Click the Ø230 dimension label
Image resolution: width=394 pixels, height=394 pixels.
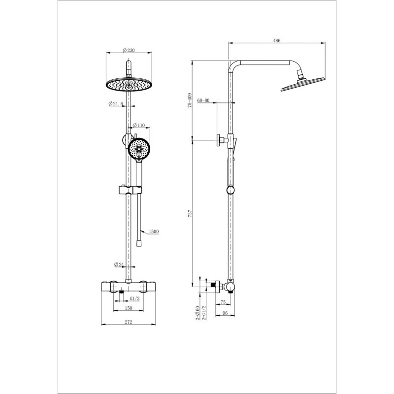[x=129, y=50]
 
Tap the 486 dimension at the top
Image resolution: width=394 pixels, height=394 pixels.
[x=276, y=40]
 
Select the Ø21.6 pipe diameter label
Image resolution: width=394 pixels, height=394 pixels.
[x=116, y=103]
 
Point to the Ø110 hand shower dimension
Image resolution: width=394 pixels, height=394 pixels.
[x=139, y=125]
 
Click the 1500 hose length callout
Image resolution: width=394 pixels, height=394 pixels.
[x=154, y=231]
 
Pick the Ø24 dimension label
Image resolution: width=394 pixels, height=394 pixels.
[x=119, y=264]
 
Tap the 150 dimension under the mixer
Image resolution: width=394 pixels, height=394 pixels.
[x=129, y=308]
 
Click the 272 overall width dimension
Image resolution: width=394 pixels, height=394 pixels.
[x=129, y=322]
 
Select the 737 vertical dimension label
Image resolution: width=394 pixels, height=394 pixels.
[x=190, y=213]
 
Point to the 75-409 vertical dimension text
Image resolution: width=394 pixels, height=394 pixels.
[x=190, y=100]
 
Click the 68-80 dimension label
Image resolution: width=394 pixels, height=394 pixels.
[x=203, y=100]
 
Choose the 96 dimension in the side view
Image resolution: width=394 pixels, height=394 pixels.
[x=225, y=313]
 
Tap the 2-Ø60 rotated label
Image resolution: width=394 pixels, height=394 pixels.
[x=197, y=313]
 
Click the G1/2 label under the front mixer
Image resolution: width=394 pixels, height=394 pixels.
[x=134, y=298]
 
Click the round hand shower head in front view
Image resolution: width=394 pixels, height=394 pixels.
[x=139, y=149]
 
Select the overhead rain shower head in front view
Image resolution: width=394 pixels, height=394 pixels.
[x=129, y=84]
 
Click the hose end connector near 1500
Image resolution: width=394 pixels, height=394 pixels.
[x=138, y=243]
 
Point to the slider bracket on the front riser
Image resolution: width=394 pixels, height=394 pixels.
[x=130, y=190]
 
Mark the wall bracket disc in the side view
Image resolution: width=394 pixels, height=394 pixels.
[x=218, y=140]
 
